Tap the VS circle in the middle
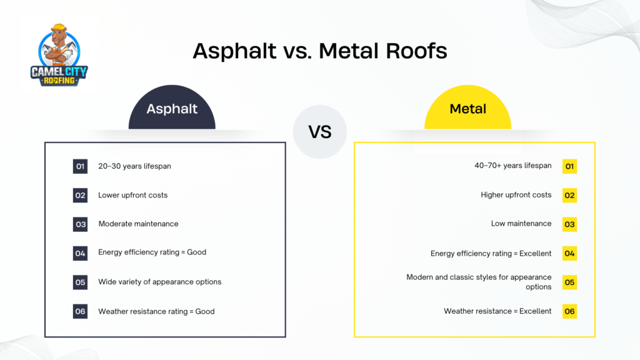[x=319, y=131]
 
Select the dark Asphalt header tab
[x=172, y=109]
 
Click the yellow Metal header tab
[x=467, y=109]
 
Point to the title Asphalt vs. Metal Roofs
[x=319, y=51]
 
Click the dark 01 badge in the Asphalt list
[x=80, y=166]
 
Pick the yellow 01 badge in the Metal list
[x=569, y=166]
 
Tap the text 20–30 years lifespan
[x=134, y=166]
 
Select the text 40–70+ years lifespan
[x=513, y=166]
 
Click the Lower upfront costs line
[x=132, y=195]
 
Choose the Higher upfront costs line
[x=516, y=195]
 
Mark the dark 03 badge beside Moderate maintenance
[x=80, y=224]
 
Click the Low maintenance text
[x=521, y=223]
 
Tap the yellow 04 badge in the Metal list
[x=569, y=253]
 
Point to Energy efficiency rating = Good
[x=152, y=252]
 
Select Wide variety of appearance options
[x=159, y=282]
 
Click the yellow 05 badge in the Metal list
[x=569, y=282]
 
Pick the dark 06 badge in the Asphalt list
[x=80, y=311]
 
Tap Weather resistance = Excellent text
[x=497, y=311]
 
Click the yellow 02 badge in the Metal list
[x=569, y=195]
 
